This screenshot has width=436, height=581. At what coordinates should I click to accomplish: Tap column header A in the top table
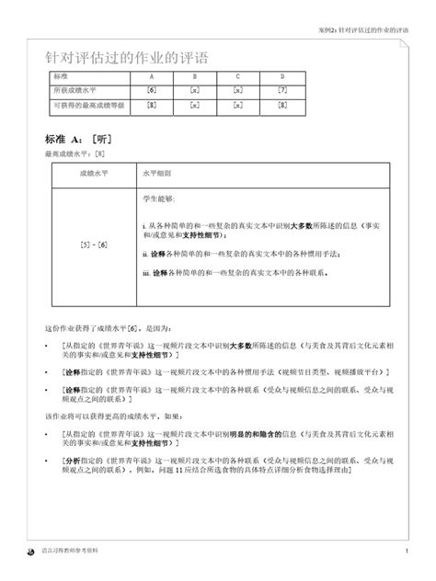150,74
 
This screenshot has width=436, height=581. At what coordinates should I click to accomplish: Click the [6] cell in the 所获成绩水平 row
150,90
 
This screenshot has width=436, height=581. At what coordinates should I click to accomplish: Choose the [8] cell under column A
150,106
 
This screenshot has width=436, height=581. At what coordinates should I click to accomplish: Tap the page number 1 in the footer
406,552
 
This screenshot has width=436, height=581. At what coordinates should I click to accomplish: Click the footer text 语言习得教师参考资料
74,552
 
